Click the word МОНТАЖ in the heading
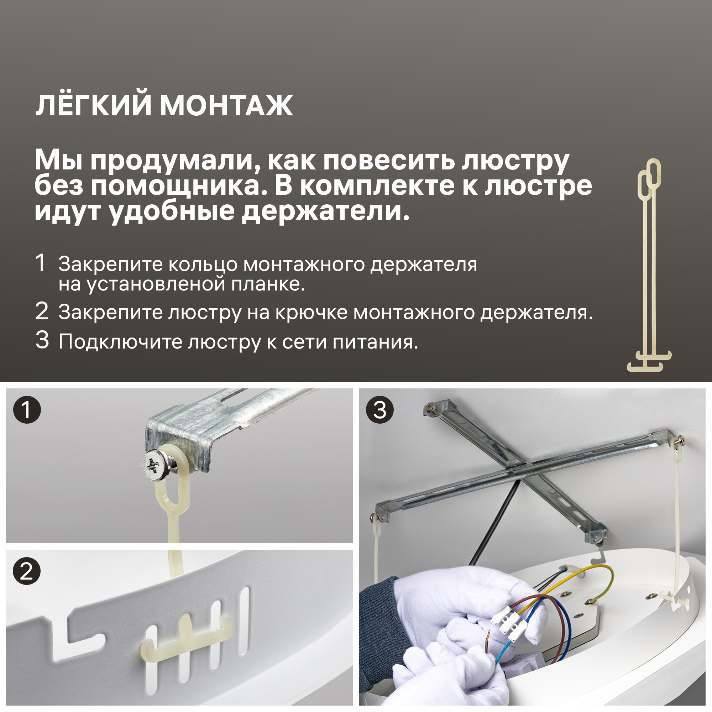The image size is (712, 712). (226, 106)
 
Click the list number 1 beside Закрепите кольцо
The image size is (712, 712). (41, 263)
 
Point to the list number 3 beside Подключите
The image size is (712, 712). (42, 340)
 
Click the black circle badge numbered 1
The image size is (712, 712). (27, 409)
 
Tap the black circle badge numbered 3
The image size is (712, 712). (380, 409)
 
